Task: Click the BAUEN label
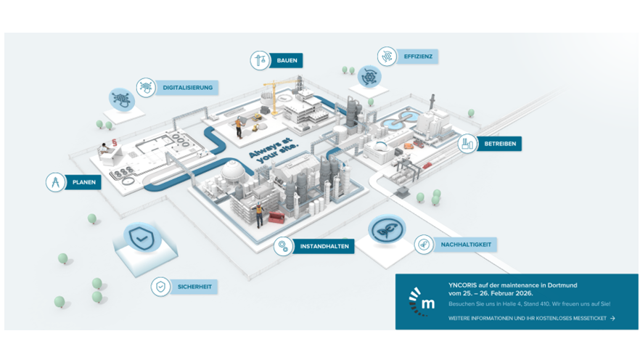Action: coord(287,60)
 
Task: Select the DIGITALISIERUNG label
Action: coord(187,87)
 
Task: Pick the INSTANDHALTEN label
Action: coord(324,247)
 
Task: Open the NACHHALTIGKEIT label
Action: coord(466,245)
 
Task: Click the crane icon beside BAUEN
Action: coord(260,60)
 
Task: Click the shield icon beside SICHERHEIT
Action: coord(160,287)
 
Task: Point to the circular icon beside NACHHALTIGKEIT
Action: coord(424,245)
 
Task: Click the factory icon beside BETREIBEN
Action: coord(467,144)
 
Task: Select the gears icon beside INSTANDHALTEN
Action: coord(283,247)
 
